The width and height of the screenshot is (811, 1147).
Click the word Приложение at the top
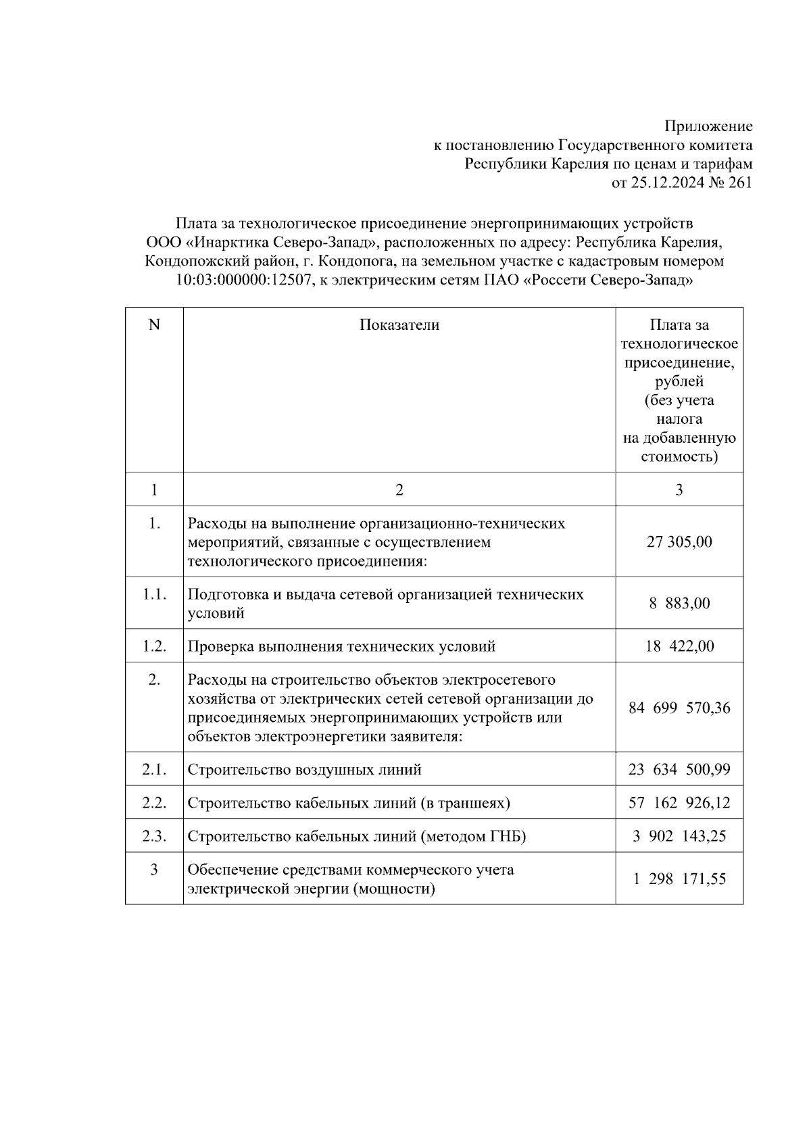(708, 126)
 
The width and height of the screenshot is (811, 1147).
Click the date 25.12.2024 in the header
(667, 182)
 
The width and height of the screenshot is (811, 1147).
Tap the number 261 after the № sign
(740, 182)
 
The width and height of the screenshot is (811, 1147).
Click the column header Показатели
(399, 325)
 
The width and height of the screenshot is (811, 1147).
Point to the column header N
(154, 325)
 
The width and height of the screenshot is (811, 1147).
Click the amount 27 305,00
(679, 542)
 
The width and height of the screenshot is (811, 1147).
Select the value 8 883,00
(679, 604)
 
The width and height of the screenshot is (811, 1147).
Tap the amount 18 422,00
(679, 646)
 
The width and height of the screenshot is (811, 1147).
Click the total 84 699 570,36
(679, 708)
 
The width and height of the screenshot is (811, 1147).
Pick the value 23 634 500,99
(679, 770)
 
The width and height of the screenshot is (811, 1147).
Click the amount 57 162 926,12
(679, 803)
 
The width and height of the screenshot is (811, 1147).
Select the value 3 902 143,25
(679, 836)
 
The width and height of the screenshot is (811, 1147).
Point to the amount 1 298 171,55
(679, 879)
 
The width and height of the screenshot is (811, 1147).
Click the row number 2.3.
(154, 836)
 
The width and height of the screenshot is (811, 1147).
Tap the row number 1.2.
(154, 646)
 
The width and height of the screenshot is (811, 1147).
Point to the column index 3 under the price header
(679, 490)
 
